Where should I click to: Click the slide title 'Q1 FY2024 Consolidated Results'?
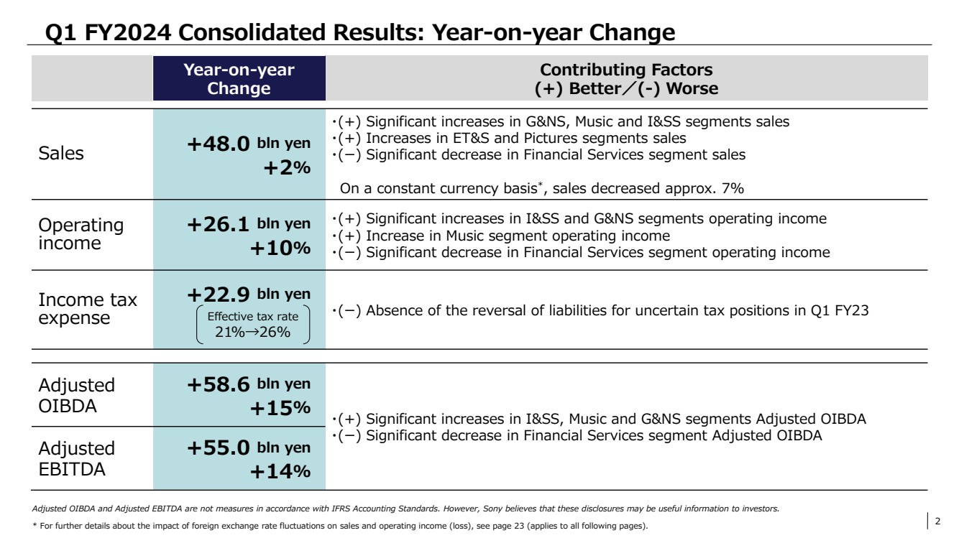click(x=359, y=32)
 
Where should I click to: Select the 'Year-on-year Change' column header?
click(x=239, y=79)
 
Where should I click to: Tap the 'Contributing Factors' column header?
click(x=626, y=79)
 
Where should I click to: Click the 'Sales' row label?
click(x=61, y=154)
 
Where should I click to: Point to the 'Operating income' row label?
click(x=81, y=234)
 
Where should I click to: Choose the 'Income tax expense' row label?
click(x=87, y=310)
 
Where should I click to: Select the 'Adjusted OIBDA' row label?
click(x=76, y=394)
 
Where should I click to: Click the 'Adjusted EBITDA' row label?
click(x=76, y=458)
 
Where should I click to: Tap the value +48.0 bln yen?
click(x=249, y=144)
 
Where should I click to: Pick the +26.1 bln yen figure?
click(x=249, y=224)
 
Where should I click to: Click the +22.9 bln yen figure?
click(x=249, y=294)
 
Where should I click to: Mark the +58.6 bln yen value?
click(x=249, y=384)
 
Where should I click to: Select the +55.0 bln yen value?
click(x=249, y=448)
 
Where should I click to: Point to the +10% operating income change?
click(x=280, y=249)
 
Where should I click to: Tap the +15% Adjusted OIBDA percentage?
click(x=280, y=409)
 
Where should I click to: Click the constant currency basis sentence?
click(x=542, y=189)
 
